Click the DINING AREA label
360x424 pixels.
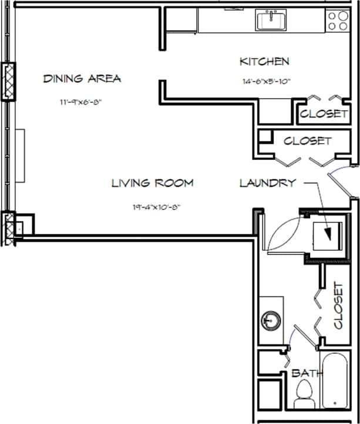(x=82, y=79)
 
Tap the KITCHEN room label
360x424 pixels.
(x=264, y=61)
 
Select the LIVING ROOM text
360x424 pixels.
(x=153, y=183)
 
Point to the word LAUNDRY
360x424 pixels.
(x=267, y=183)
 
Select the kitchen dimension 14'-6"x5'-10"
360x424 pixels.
(x=266, y=82)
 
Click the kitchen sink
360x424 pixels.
(x=271, y=21)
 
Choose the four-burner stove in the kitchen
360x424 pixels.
(x=338, y=21)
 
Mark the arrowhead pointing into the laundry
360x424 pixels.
(x=329, y=235)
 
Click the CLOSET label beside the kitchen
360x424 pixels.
(x=324, y=114)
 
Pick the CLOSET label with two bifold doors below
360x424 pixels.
(x=307, y=141)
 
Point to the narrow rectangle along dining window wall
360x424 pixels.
(x=21, y=156)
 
